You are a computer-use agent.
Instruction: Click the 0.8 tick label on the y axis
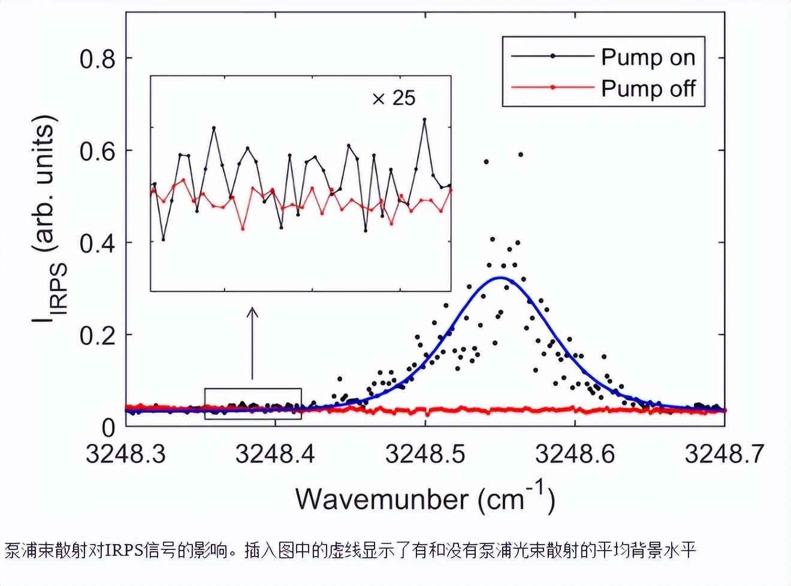pos(97,59)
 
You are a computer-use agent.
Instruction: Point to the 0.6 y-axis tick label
pos(97,151)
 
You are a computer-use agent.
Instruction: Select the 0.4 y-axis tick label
pos(97,243)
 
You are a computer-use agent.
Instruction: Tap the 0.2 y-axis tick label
pos(97,336)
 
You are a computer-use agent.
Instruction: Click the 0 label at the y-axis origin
pos(108,428)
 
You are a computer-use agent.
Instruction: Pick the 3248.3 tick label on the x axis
pos(125,454)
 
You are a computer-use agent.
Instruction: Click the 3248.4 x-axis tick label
pos(275,454)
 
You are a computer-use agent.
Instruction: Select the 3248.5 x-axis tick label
pos(425,454)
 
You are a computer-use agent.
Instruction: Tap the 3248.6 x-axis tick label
pos(575,454)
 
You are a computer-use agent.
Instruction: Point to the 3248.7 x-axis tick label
pos(724,454)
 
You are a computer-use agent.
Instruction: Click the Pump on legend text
pos(648,58)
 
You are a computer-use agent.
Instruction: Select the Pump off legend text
pos(648,88)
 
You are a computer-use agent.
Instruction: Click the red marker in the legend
pos(553,87)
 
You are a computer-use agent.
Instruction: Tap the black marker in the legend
pos(553,56)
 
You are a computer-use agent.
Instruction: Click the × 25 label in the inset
pos(394,98)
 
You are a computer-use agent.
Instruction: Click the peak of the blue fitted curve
pos(500,277)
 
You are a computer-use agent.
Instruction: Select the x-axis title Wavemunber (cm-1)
pos(425,499)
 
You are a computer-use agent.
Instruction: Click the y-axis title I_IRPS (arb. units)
pos(48,219)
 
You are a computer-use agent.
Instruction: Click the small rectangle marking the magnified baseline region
pos(253,403)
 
